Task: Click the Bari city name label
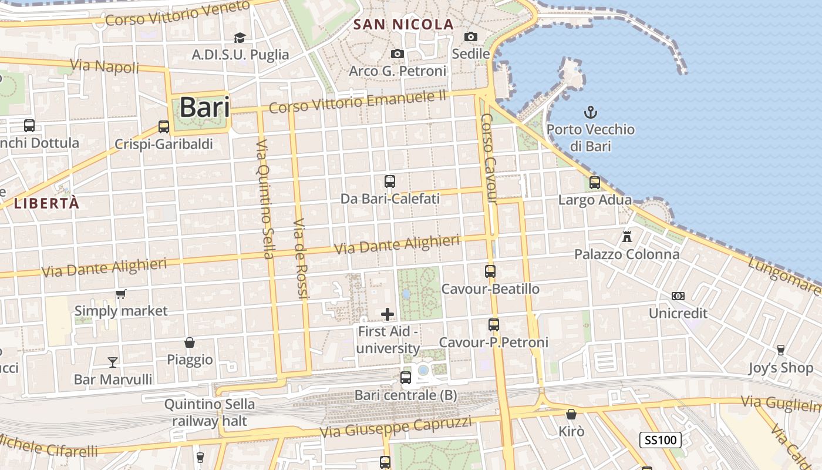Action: [204, 108]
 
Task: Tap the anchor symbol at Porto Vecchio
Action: [591, 112]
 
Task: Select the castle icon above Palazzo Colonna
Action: [627, 237]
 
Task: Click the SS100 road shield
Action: [661, 439]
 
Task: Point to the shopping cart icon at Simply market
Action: [121, 294]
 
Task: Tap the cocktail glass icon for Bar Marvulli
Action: [113, 362]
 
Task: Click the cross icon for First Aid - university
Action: [388, 314]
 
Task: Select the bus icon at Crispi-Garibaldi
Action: [164, 127]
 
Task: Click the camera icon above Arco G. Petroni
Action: [397, 53]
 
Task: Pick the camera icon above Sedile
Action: [470, 36]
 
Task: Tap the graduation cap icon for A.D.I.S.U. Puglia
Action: [240, 38]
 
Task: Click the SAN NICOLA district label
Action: [405, 25]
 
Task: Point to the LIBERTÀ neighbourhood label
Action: [46, 204]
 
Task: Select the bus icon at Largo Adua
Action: [595, 183]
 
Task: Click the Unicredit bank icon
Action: [678, 296]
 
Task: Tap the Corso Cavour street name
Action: [489, 159]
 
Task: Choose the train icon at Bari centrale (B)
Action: [406, 378]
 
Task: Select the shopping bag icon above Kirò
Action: [571, 414]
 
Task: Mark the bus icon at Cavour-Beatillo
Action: [490, 271]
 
